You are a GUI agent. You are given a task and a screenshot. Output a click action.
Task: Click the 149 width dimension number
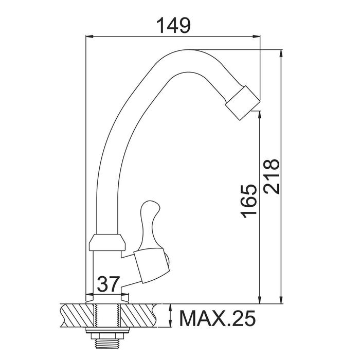173,25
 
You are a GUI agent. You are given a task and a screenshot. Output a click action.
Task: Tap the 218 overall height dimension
272,176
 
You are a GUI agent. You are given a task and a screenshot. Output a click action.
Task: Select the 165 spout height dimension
248,201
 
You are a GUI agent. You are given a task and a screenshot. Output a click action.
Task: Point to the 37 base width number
109,284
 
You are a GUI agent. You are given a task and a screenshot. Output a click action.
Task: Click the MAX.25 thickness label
217,318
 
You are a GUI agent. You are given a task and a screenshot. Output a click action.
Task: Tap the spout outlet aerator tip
242,103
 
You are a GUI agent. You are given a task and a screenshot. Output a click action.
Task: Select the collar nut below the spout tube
107,242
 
